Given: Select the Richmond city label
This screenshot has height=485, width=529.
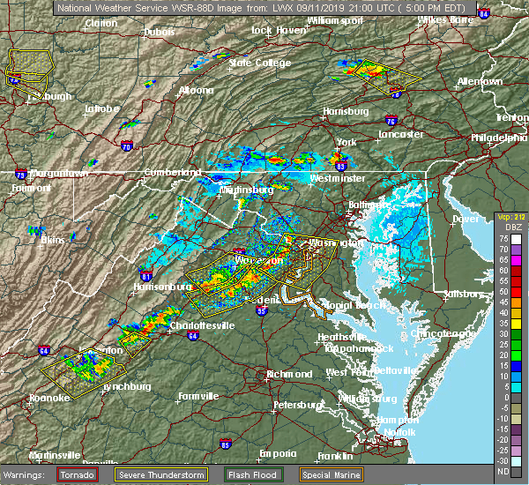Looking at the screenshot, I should coord(288,374).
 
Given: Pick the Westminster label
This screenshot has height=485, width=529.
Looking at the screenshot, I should coord(337,178).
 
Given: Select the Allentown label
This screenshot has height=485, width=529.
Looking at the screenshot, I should coord(479,81).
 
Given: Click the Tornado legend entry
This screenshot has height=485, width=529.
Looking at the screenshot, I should coord(78,474).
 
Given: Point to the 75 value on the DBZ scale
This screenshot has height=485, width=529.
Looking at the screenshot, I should coord(502,238).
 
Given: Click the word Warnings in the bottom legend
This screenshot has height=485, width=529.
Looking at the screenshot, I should coord(28,474).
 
